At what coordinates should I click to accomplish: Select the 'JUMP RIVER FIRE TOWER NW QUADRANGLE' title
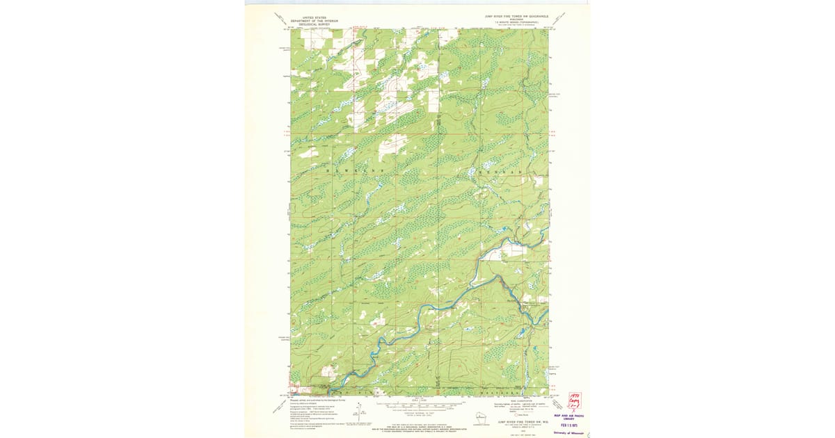click(x=517, y=15)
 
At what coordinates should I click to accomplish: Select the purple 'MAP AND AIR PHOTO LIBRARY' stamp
click(x=569, y=418)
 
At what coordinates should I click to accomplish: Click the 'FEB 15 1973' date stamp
click(x=569, y=425)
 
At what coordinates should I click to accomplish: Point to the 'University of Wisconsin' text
click(x=569, y=432)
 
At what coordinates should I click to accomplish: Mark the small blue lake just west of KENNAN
click(x=471, y=171)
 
